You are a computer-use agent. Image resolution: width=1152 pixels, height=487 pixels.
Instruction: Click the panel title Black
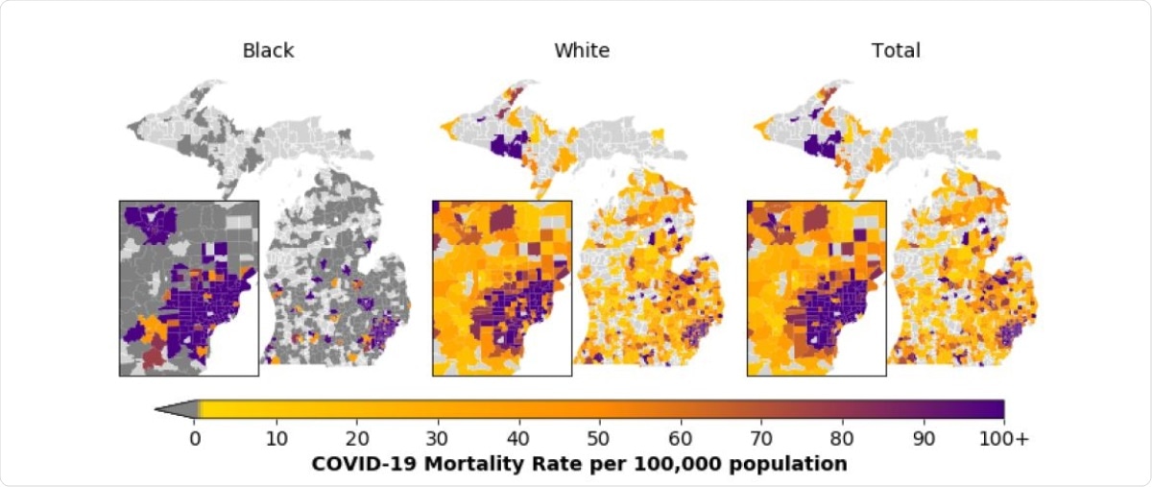click(x=268, y=51)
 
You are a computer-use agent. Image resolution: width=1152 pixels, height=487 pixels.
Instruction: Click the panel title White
click(x=581, y=51)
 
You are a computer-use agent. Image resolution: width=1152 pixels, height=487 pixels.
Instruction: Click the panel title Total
click(x=895, y=51)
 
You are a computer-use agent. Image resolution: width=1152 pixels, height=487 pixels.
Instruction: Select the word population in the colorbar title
click(x=798, y=464)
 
